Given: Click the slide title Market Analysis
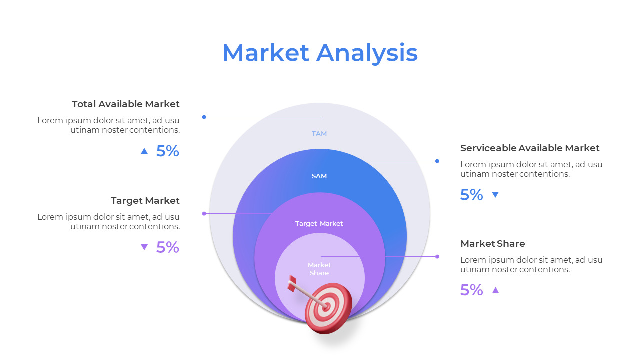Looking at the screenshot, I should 320,53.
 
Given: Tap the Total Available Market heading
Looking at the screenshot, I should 125,104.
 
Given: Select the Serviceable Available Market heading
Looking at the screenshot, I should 530,148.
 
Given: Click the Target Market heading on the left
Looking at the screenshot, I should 145,201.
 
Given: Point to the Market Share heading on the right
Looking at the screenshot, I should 492,244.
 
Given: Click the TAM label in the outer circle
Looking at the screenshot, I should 319,134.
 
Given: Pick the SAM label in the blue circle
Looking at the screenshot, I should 319,176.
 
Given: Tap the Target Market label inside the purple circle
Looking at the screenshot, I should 319,224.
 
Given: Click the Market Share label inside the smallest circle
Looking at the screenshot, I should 319,269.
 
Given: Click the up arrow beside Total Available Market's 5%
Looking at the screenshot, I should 144,151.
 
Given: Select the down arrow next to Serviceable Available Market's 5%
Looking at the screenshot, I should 495,195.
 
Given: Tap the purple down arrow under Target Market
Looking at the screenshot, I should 144,247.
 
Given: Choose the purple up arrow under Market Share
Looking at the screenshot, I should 495,290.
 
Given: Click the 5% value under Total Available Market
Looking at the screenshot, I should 167,151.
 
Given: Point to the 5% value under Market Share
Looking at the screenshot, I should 471,290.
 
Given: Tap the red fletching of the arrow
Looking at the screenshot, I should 292,284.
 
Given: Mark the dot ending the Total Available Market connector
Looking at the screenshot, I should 204,117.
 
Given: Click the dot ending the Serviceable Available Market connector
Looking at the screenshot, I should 437,161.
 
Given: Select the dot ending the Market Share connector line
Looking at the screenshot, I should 437,256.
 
